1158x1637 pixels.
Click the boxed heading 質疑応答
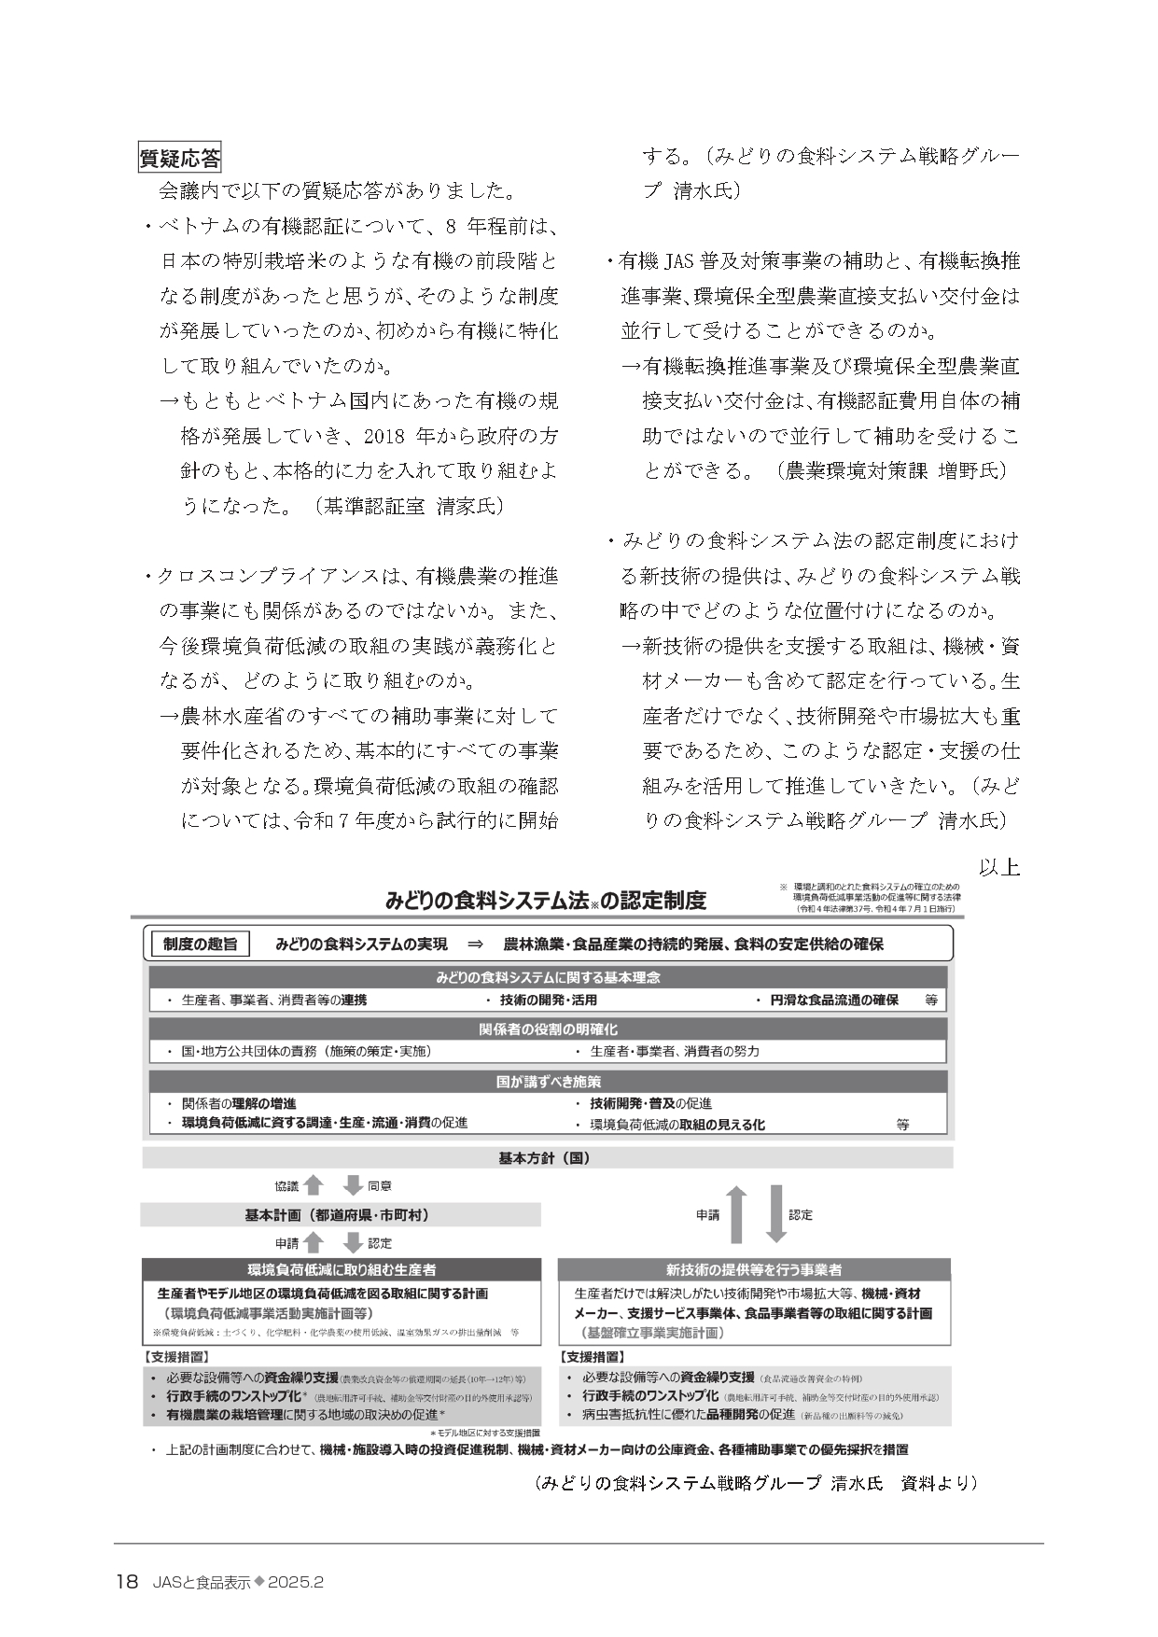179,159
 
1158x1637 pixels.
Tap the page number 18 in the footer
127,1582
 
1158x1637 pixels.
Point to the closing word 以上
998,866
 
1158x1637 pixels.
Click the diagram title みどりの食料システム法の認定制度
546,901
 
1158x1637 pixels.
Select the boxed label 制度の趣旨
200,944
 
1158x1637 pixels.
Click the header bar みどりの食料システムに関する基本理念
548,977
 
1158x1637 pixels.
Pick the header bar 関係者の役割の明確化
548,1029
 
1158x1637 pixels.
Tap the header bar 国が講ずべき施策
548,1082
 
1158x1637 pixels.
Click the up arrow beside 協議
314,1185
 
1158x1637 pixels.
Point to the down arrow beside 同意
353,1185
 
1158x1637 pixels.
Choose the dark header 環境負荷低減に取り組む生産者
341,1269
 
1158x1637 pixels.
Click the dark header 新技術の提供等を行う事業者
754,1269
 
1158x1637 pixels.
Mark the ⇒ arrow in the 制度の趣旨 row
474,944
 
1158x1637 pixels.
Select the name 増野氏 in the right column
971,470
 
